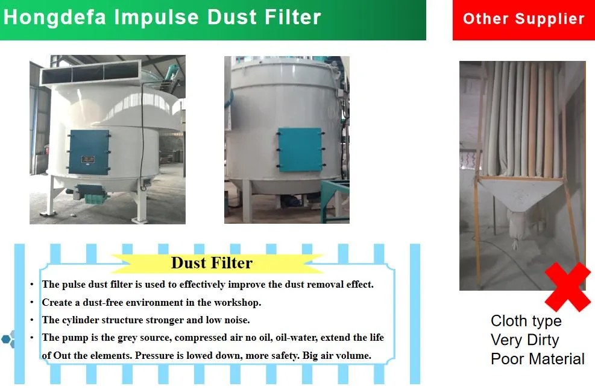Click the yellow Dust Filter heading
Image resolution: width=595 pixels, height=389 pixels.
click(212, 262)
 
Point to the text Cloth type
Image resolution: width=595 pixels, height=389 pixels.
click(526, 321)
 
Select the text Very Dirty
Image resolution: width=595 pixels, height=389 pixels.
click(525, 340)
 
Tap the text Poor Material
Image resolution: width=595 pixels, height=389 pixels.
click(537, 359)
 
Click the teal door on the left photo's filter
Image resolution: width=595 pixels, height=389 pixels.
click(89, 152)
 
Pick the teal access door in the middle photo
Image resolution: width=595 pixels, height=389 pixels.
click(300, 150)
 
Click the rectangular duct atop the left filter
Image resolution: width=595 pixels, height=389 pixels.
click(90, 72)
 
